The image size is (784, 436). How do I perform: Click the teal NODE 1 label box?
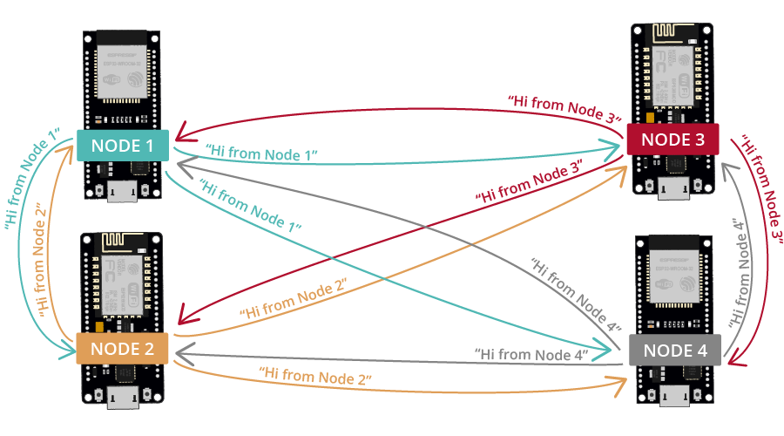coord(123,146)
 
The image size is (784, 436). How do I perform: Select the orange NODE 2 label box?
coord(122,349)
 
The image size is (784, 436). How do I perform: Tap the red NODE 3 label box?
coord(673,140)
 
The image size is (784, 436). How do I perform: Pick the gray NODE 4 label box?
coord(675,350)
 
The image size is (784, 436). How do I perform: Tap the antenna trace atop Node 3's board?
coord(672,32)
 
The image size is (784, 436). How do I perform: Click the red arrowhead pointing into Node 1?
coord(182,132)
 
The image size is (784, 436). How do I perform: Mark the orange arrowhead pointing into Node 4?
coord(618,386)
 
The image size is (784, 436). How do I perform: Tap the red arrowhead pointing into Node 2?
coord(186,315)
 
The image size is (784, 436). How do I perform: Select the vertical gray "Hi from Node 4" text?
coord(739,272)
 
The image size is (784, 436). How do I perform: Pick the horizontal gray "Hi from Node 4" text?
coord(531,354)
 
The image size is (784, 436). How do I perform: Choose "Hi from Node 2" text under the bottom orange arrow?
coord(315,376)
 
